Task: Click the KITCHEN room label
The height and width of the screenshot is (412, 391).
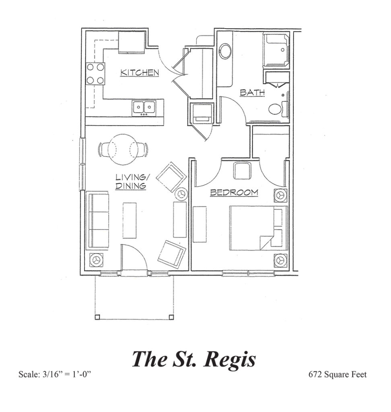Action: tap(140, 72)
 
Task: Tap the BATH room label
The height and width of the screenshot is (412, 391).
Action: tap(252, 93)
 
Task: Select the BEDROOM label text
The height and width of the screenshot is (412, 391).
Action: tap(234, 193)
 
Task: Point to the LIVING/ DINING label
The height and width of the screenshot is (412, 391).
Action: tap(131, 181)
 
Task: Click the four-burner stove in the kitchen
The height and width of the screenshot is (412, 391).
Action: tap(95, 74)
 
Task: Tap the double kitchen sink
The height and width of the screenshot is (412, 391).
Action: tap(144, 108)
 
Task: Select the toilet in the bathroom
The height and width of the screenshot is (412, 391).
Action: tap(278, 109)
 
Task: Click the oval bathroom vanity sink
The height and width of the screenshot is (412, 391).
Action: tap(225, 51)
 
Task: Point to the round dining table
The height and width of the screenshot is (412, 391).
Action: tap(123, 150)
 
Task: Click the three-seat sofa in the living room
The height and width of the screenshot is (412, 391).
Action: tap(97, 220)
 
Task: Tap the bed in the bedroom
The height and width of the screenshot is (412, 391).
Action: tap(258, 228)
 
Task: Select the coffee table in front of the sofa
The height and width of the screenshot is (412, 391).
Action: tap(130, 220)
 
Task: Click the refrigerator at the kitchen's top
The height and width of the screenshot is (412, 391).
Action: tap(132, 42)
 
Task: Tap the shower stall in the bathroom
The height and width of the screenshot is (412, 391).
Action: tap(276, 50)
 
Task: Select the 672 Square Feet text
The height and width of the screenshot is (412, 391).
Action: tap(337, 375)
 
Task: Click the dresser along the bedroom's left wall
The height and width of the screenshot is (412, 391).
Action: tap(200, 224)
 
